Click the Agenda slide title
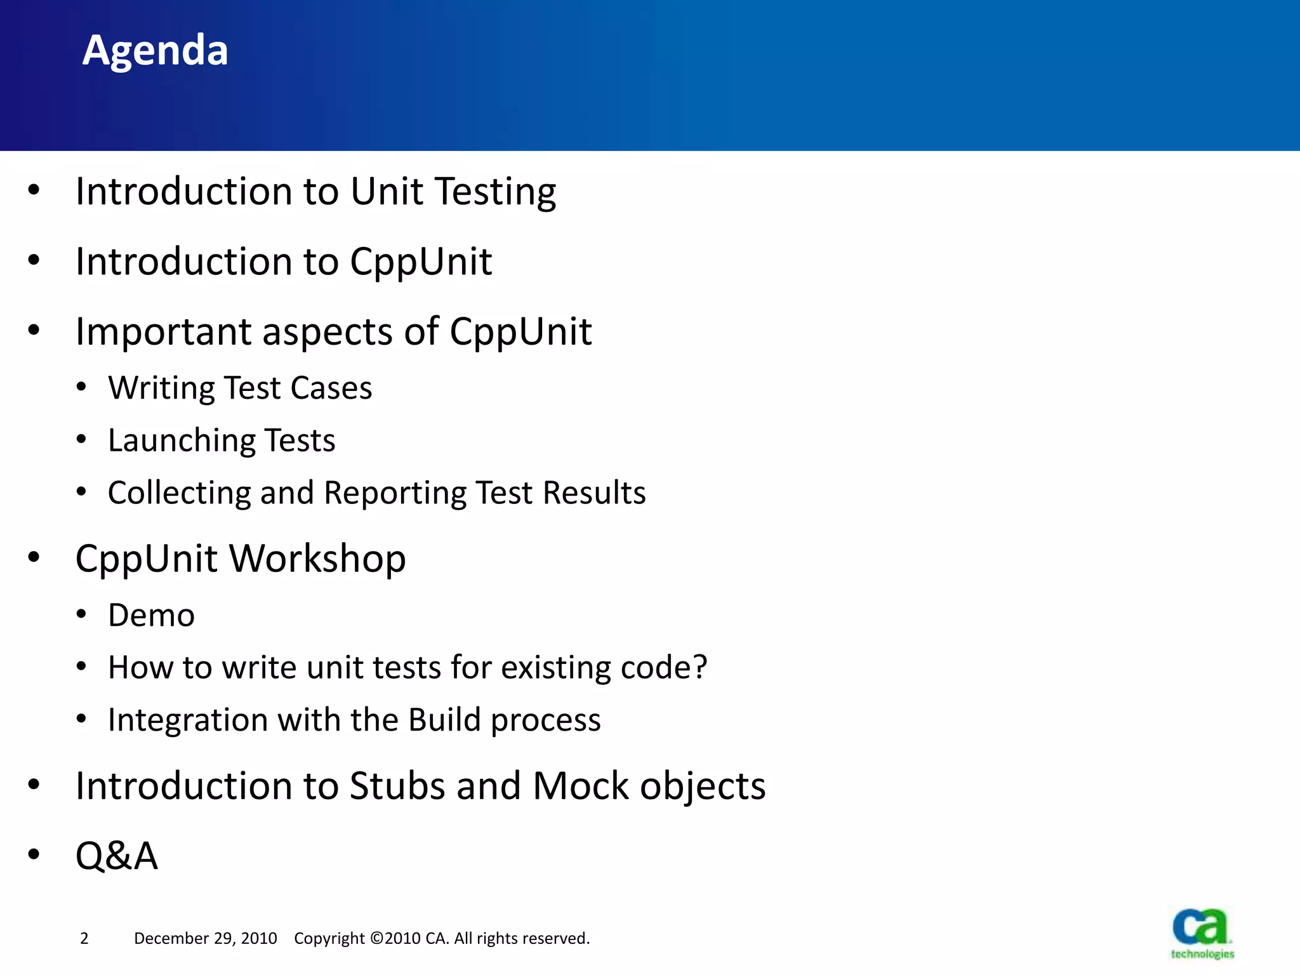point(155,50)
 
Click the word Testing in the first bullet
point(496,192)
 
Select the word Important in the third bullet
point(163,331)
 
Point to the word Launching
point(181,441)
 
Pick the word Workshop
point(317,559)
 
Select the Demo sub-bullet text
point(151,615)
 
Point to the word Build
point(444,720)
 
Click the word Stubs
point(397,786)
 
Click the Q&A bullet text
point(116,856)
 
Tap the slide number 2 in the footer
point(84,938)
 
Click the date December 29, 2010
point(205,938)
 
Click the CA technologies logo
point(1202,933)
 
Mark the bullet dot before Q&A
point(34,854)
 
